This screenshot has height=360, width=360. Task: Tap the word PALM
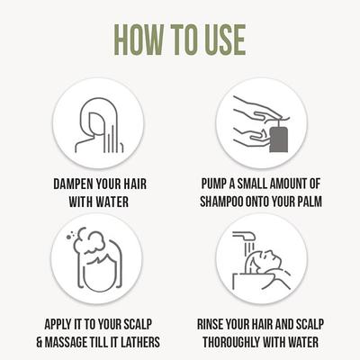coord(310,202)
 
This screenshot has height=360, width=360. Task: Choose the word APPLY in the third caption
coord(58,324)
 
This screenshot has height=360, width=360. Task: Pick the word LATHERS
coord(142,342)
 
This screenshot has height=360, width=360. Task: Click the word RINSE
coord(210,324)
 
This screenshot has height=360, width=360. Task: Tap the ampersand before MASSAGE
coord(40,342)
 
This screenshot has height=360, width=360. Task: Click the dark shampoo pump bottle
coord(279,139)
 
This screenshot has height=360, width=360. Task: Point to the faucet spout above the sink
coord(244,236)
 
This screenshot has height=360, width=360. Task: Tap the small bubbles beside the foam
coord(70,234)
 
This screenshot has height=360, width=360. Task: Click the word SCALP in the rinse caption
coord(310,324)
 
